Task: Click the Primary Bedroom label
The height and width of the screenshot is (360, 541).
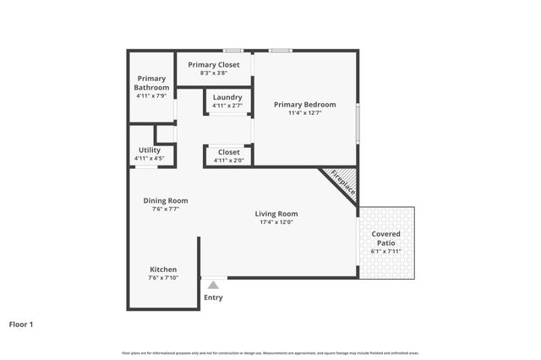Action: [304, 105]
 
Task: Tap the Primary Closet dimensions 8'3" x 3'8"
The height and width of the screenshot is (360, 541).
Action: [214, 74]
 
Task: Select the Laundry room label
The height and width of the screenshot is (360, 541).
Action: [227, 97]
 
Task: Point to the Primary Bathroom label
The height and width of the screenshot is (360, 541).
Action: [153, 83]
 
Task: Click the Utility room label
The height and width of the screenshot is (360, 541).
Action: [149, 150]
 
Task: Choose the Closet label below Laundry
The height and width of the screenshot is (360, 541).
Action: [228, 152]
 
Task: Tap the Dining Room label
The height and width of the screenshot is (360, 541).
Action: [166, 200]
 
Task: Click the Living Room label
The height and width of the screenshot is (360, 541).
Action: [276, 214]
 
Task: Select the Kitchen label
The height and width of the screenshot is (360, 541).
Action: [163, 270]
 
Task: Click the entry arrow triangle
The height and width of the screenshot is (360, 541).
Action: [213, 286]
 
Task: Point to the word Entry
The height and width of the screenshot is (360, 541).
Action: [213, 297]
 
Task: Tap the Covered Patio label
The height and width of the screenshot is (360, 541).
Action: [386, 238]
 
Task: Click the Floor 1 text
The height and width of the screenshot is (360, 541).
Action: [21, 324]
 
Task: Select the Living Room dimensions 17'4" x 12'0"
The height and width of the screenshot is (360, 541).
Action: [276, 223]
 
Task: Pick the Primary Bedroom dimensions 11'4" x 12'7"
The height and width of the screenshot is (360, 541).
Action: [304, 113]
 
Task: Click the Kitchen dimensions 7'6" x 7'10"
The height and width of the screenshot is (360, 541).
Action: [163, 278]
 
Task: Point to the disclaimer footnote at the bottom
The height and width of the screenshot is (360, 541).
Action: [270, 352]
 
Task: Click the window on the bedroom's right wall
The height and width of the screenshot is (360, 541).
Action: [358, 123]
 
